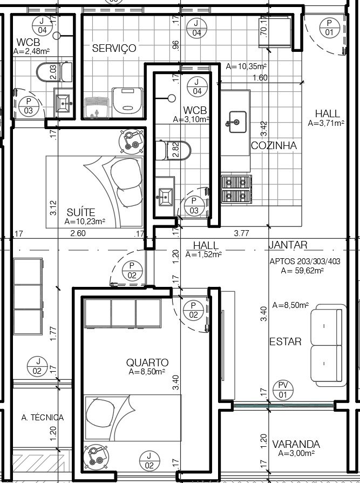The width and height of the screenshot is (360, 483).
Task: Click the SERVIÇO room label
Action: point(114,49)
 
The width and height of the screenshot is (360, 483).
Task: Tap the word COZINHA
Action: point(274,145)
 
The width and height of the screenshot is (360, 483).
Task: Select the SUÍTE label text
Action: point(81,212)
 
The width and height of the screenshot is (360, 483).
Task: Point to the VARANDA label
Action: point(296,444)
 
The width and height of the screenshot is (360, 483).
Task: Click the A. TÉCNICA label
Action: point(43,418)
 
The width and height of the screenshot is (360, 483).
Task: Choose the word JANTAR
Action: point(288,245)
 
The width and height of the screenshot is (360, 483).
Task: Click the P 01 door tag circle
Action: point(329,28)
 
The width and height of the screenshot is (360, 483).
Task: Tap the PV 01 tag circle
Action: point(283,390)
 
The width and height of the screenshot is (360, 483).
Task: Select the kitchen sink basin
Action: point(237,122)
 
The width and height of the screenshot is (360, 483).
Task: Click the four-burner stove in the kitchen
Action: point(236,189)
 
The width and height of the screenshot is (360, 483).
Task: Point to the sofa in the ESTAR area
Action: point(328,345)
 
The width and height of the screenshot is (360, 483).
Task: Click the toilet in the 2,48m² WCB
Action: point(54,72)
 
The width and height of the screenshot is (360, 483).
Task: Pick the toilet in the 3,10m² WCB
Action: point(173,151)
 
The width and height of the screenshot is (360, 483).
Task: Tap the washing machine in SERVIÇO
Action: point(127,103)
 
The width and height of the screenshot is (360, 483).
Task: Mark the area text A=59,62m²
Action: point(302,271)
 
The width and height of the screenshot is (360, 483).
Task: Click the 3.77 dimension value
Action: point(241,233)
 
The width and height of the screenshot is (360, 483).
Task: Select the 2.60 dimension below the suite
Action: point(78,233)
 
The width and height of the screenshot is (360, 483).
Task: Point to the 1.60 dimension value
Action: point(260,78)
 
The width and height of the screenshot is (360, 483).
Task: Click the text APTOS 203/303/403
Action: point(304,261)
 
